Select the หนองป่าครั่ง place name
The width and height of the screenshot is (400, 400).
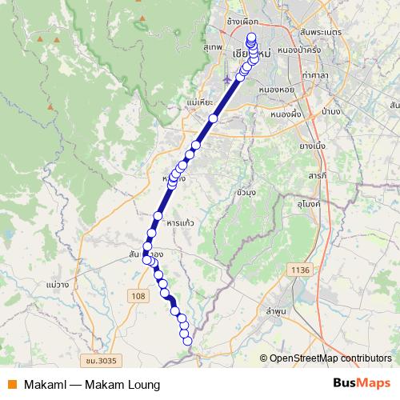point(300,50)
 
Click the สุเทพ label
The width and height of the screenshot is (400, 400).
point(212,48)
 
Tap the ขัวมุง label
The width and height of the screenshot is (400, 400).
point(246,193)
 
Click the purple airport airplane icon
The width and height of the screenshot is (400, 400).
point(229,79)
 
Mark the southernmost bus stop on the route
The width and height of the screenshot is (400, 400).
point(188,342)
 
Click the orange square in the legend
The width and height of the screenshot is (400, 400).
point(13,385)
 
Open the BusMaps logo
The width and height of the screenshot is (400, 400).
point(362,384)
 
